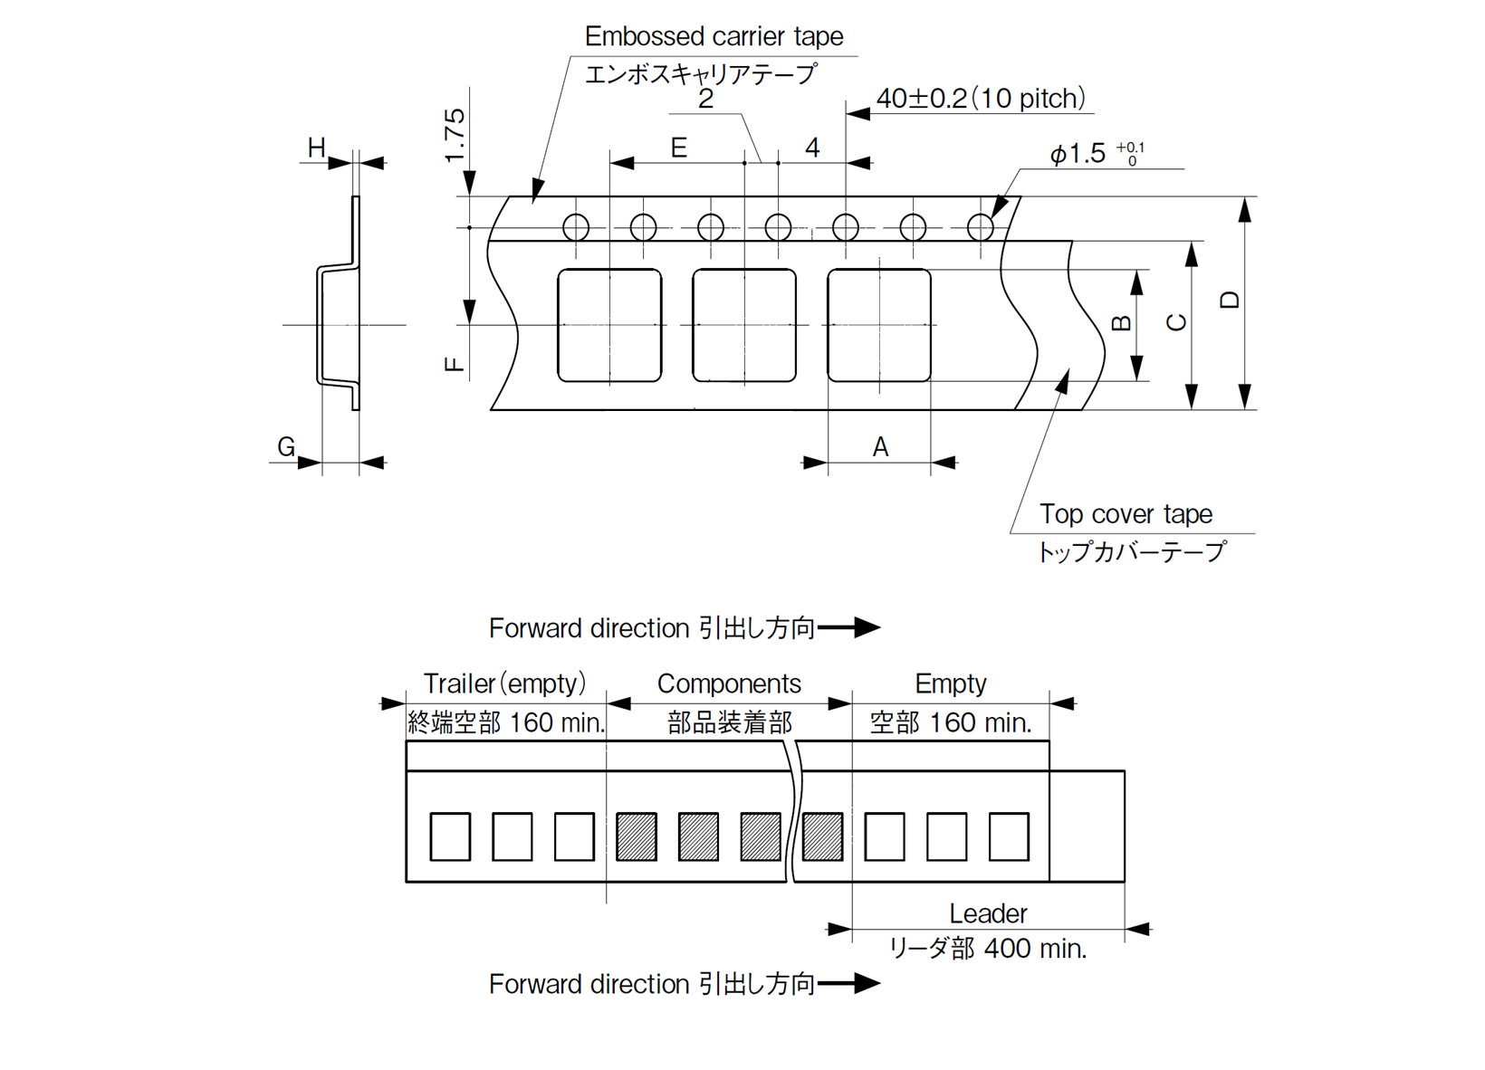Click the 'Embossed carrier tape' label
coord(714,36)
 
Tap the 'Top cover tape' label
coord(1126,514)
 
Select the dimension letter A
coord(880,446)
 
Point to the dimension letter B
coord(1120,323)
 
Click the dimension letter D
coord(1229,301)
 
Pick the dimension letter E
coord(678,148)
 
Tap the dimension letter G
coord(286,446)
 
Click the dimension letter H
coord(316,148)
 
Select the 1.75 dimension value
coord(455,135)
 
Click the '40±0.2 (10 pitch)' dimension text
coord(981,98)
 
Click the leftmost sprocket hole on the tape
coord(576,227)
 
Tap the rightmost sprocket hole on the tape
coord(981,227)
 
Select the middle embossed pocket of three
coord(744,325)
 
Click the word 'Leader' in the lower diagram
coord(988,913)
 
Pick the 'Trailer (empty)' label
coord(504,683)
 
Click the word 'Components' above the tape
coord(729,683)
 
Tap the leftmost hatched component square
coord(636,836)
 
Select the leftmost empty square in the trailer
coord(450,836)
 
